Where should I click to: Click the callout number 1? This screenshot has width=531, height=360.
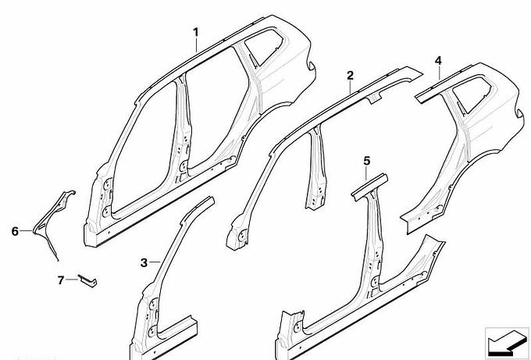[x=196, y=33]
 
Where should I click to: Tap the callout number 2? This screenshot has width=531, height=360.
[x=350, y=75]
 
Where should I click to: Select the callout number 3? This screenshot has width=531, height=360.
[x=144, y=262]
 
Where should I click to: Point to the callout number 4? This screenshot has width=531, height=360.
[x=438, y=61]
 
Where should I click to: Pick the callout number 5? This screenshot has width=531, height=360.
[x=367, y=161]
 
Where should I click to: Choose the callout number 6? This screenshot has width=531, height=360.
[x=15, y=231]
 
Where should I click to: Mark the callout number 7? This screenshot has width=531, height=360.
[x=61, y=280]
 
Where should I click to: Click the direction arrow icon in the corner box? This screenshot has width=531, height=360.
[x=506, y=341]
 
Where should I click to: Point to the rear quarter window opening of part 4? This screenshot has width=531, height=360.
[x=472, y=94]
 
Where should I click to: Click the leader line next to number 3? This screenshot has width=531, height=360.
[x=155, y=262]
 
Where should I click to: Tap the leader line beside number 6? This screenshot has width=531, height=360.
[x=26, y=230]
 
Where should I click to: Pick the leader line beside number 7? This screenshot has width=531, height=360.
[x=72, y=280]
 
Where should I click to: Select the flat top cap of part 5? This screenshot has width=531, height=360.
[x=369, y=187]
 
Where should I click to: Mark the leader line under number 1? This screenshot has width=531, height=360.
[x=197, y=45]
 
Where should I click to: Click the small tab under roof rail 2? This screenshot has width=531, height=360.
[x=375, y=98]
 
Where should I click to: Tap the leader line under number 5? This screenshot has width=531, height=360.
[x=367, y=173]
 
